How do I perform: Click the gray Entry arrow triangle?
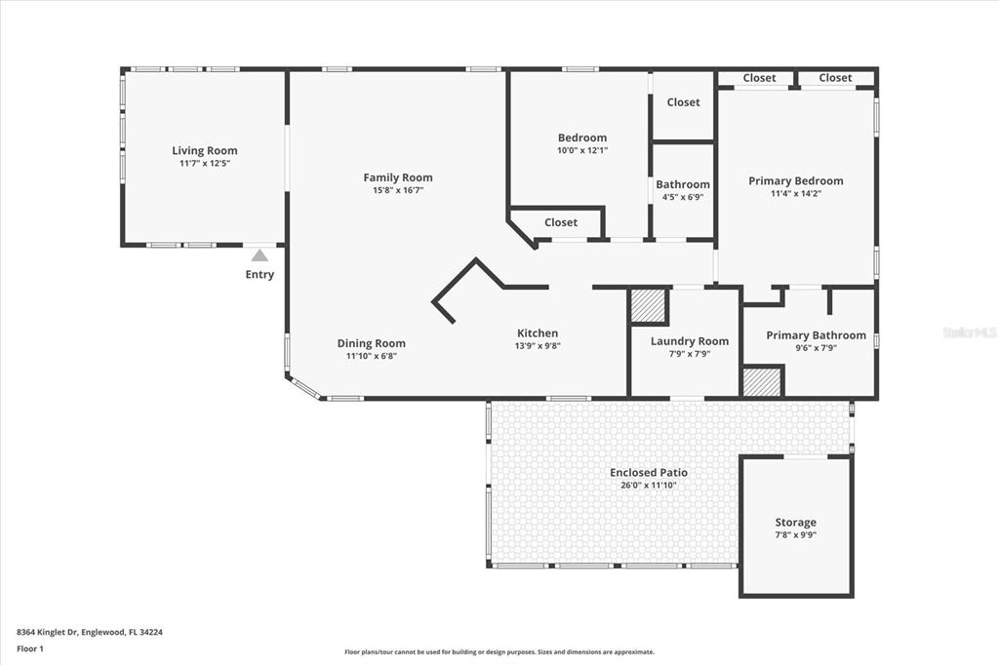tap(260, 255)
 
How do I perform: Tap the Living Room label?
tap(205, 151)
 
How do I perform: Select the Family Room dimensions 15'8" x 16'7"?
tap(398, 190)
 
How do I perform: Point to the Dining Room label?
tap(372, 343)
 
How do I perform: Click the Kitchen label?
tap(538, 333)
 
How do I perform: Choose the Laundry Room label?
tap(690, 341)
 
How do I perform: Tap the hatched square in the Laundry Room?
tap(649, 306)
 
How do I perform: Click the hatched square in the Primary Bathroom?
tap(763, 381)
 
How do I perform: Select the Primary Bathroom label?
tap(817, 335)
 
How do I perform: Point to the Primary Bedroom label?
tap(796, 181)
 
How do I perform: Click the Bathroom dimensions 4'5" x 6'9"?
tap(683, 198)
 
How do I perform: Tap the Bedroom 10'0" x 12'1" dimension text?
tap(582, 151)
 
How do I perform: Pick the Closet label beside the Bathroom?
tap(683, 102)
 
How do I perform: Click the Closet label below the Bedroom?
tap(561, 222)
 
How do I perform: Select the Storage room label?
tap(796, 523)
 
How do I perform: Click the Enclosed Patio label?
tap(649, 473)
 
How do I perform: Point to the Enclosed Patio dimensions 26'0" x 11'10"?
tap(649, 486)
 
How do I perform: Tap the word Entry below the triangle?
tap(260, 275)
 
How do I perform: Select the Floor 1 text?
tap(30, 649)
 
